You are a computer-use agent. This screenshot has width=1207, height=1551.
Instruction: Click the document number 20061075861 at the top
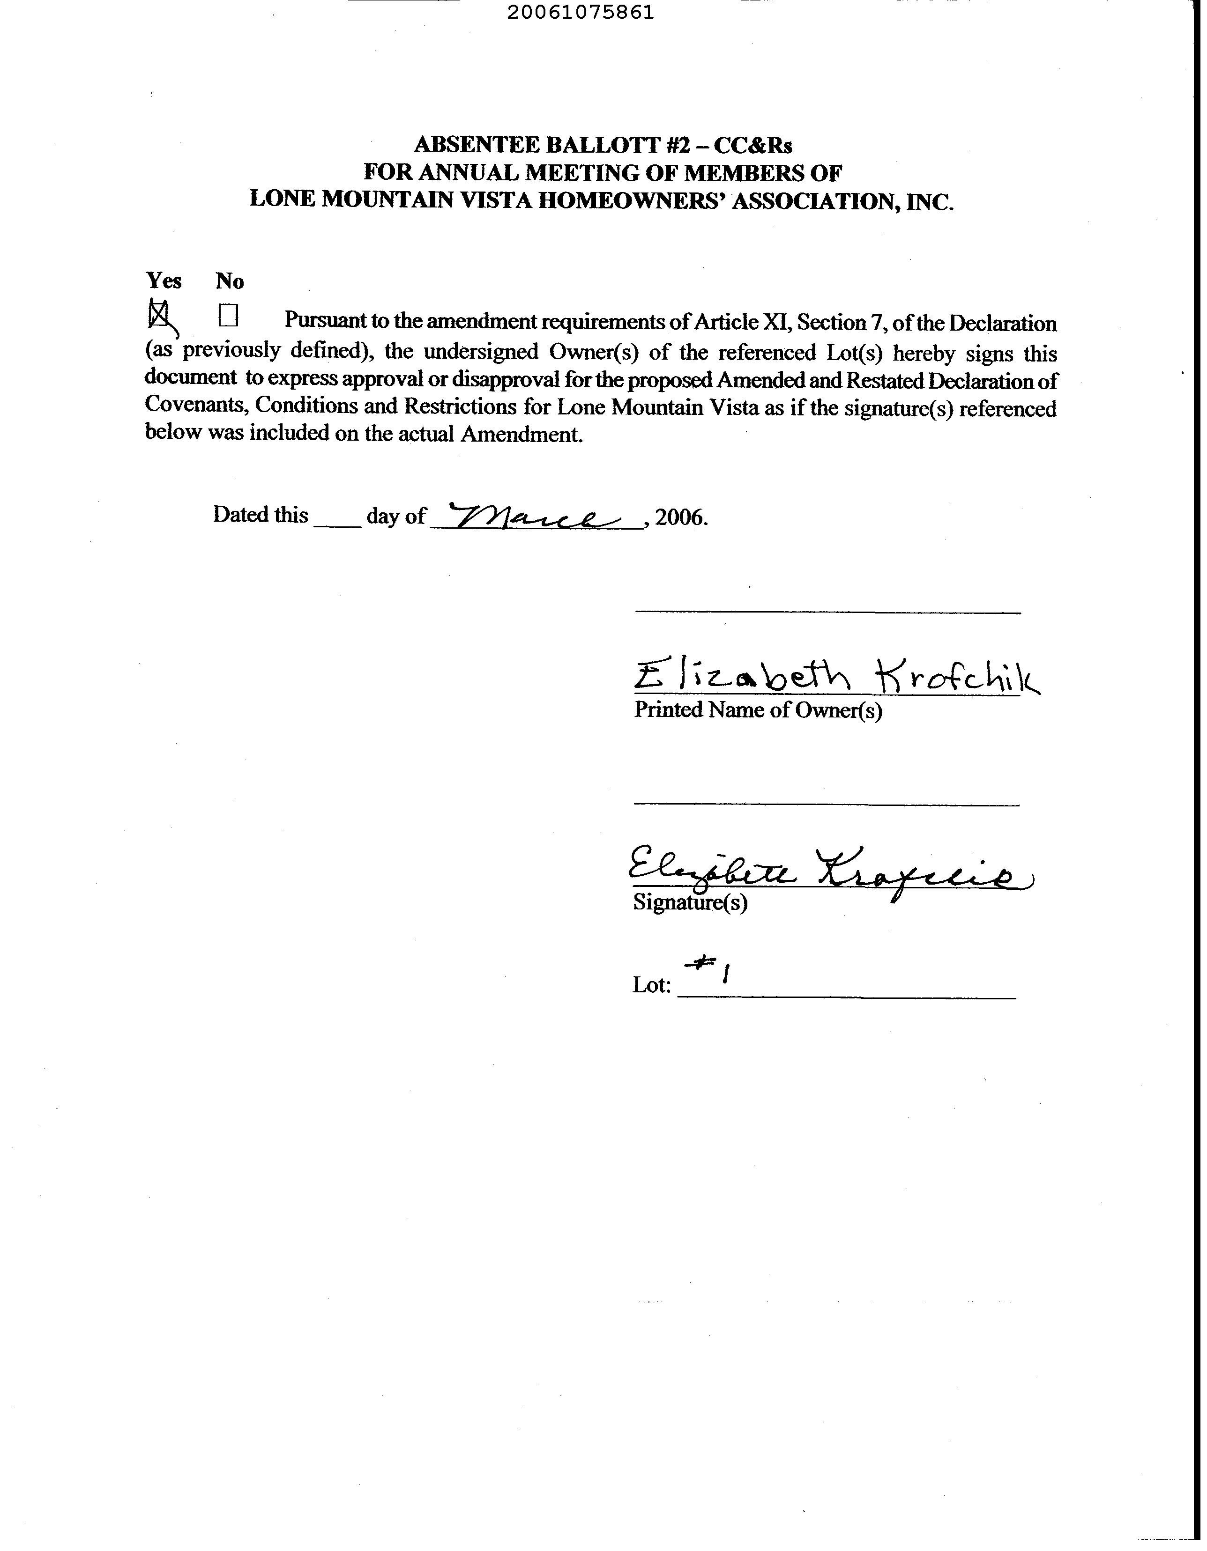click(581, 13)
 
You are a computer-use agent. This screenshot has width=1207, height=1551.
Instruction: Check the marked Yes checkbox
click(158, 313)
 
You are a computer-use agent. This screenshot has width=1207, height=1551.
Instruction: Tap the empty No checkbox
click(228, 315)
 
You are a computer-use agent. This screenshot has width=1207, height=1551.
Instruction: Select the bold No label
click(230, 281)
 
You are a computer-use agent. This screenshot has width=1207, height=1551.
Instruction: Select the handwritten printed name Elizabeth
click(742, 675)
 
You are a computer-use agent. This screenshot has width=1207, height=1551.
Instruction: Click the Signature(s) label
click(689, 902)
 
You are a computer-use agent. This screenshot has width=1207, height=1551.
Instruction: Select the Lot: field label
click(651, 985)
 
